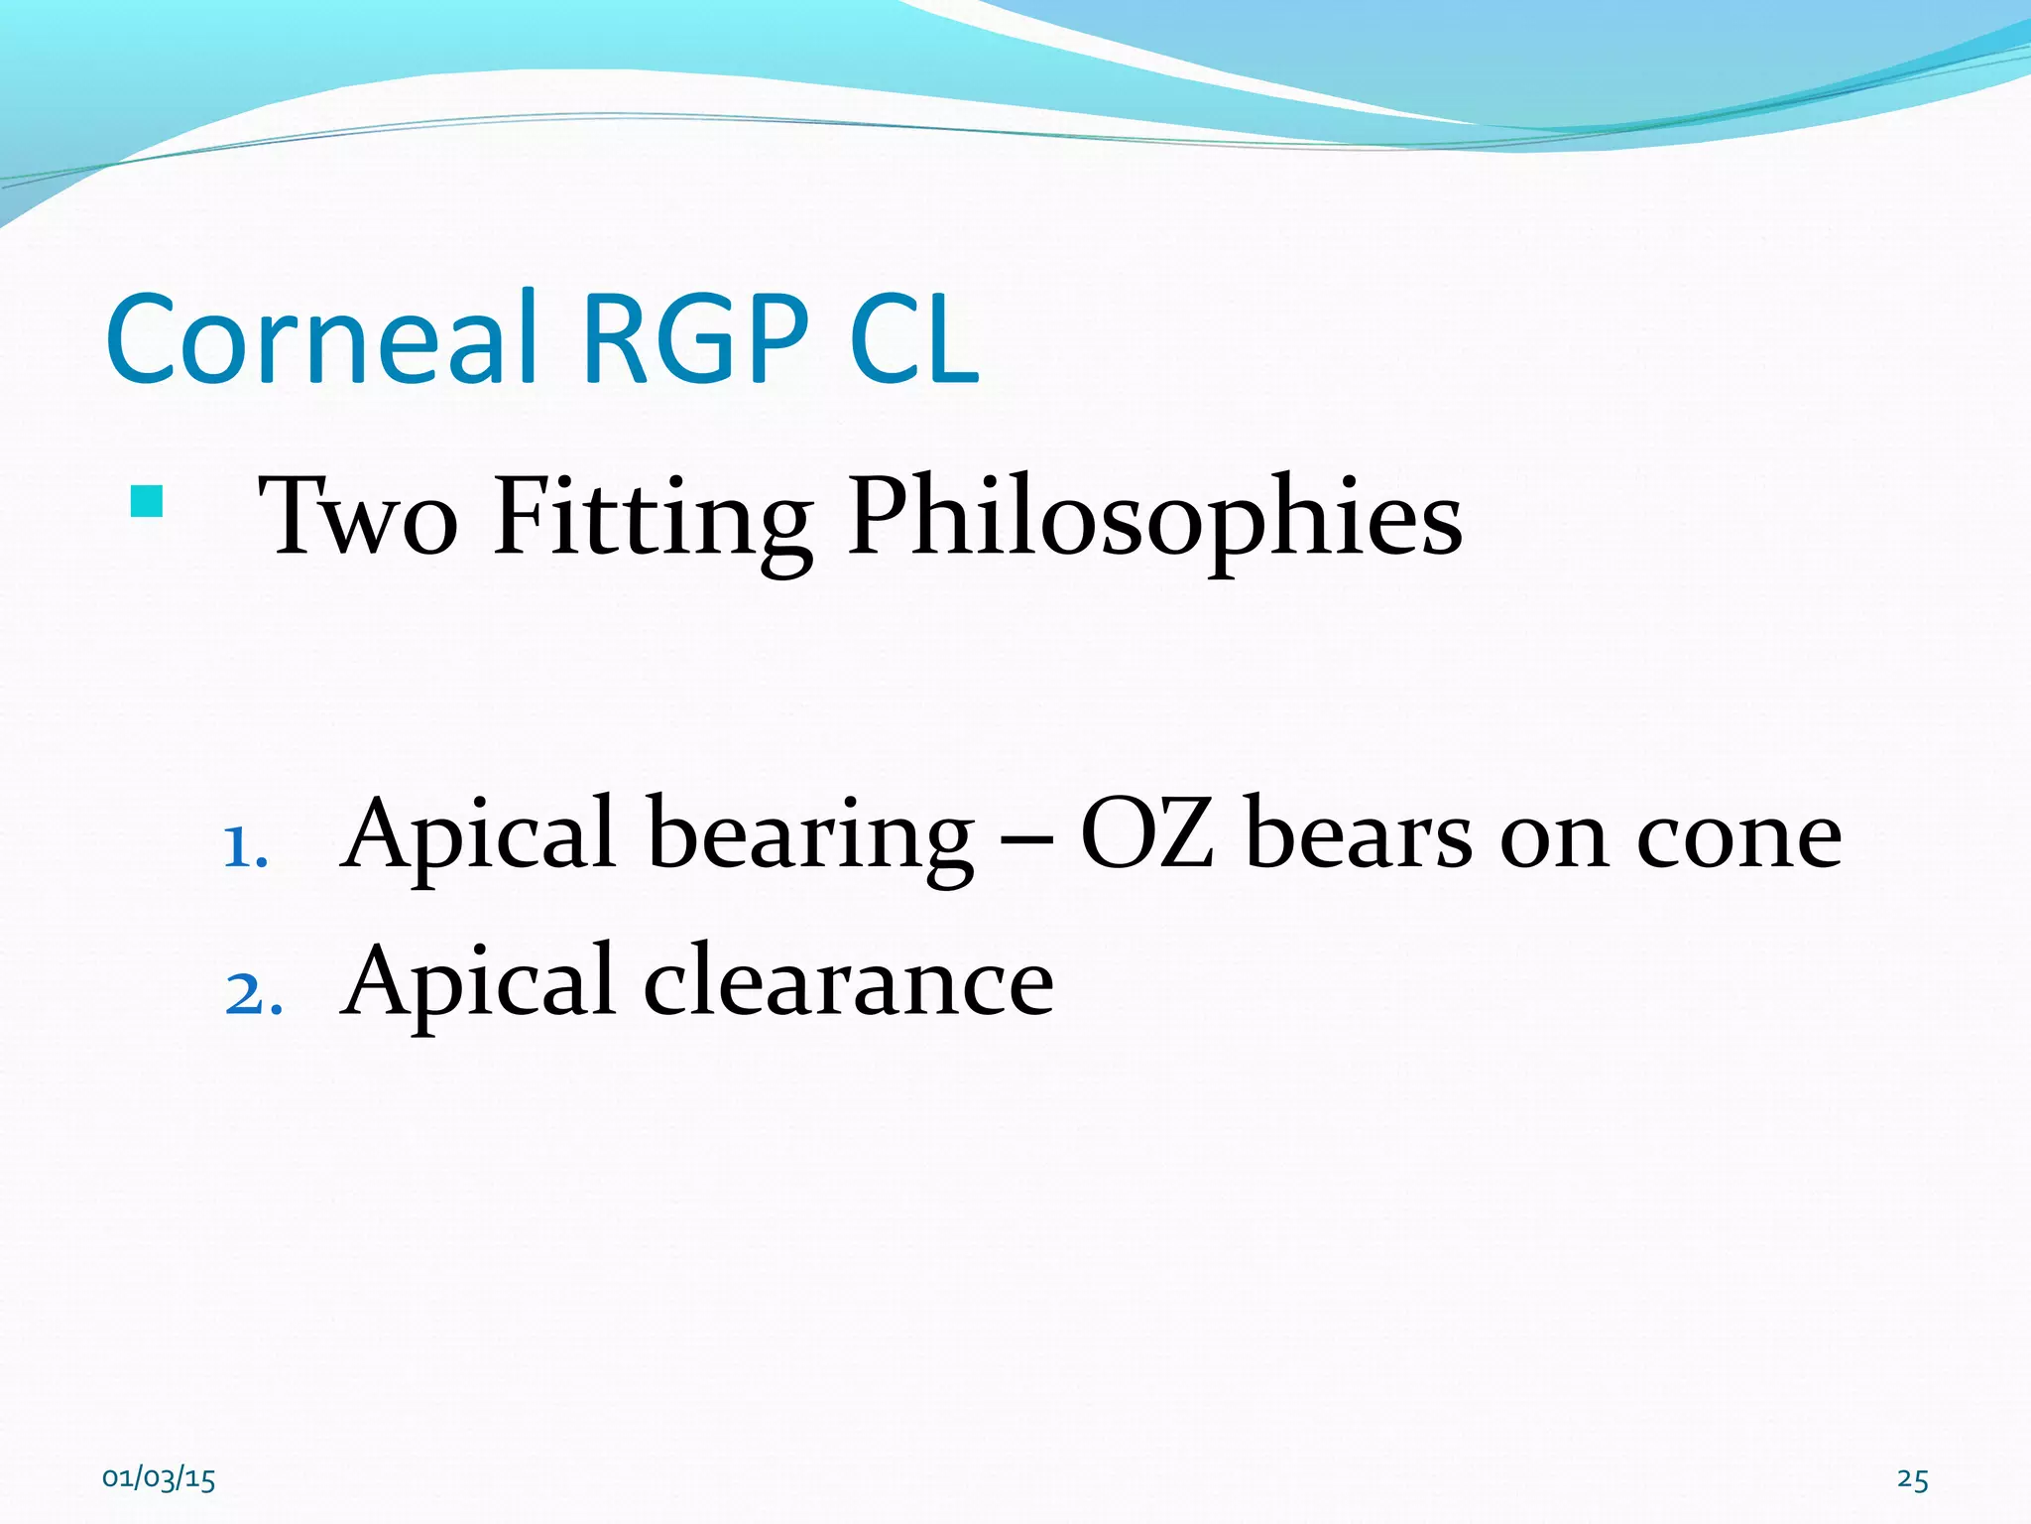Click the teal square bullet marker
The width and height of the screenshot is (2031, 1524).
click(x=146, y=502)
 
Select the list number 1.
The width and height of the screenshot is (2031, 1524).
click(x=244, y=848)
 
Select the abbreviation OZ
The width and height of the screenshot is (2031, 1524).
click(x=1146, y=835)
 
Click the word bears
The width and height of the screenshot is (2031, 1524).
click(x=1358, y=835)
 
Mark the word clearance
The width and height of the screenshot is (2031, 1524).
click(x=849, y=982)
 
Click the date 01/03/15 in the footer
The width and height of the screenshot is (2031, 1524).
click(x=159, y=1479)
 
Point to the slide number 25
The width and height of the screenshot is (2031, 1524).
click(x=1912, y=1479)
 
